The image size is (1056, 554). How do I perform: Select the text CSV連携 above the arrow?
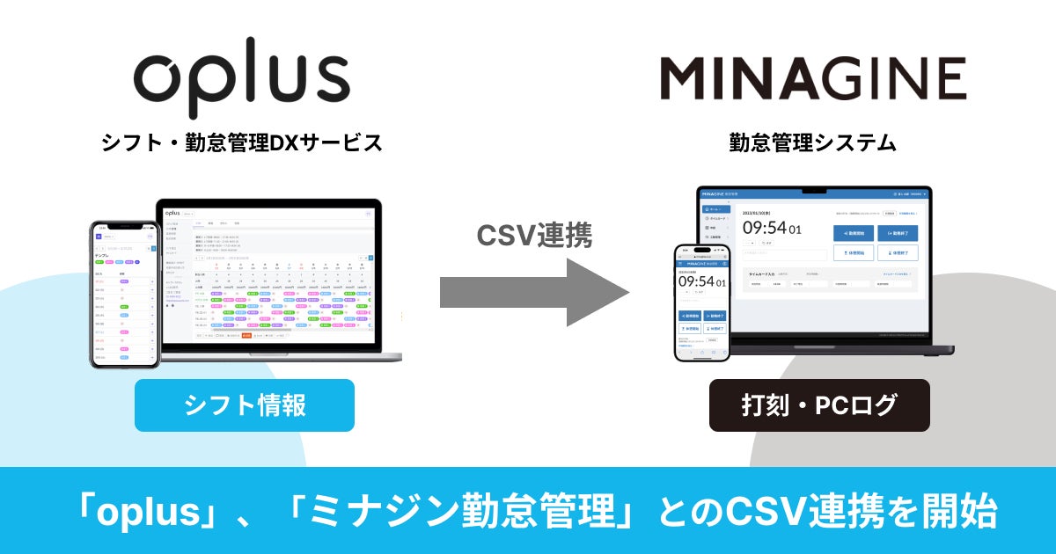[x=534, y=234]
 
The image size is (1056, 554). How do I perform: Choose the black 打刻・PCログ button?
[x=819, y=405]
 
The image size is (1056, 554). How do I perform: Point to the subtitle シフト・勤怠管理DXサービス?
[x=241, y=142]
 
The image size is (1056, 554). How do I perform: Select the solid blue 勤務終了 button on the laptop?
[x=898, y=233]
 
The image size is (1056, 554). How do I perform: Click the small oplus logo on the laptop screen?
[x=172, y=213]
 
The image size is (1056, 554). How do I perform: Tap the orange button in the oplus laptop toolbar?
[x=246, y=335]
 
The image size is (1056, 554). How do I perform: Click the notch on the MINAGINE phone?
[x=701, y=248]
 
